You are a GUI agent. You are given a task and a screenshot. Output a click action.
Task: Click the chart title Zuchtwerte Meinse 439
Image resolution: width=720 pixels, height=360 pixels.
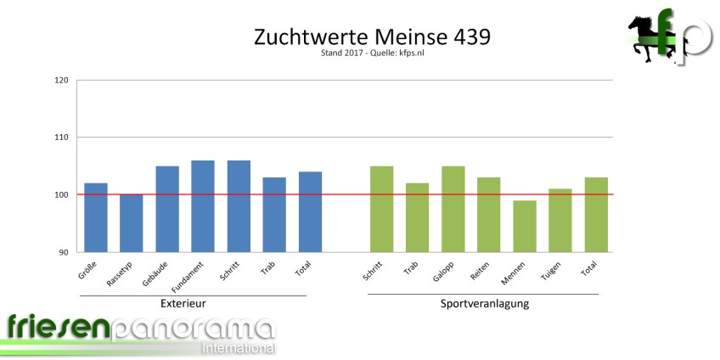pyautogui.click(x=372, y=38)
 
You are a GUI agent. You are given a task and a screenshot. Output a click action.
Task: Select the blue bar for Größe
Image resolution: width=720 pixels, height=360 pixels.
pyautogui.click(x=95, y=217)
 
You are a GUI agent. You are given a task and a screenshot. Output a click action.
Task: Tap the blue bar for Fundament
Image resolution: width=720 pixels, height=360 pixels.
pyautogui.click(x=203, y=206)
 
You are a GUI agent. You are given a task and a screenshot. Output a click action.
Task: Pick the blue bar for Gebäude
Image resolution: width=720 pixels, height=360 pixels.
pyautogui.click(x=166, y=209)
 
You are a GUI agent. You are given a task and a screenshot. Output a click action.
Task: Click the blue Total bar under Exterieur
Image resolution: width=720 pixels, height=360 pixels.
pyautogui.click(x=310, y=211)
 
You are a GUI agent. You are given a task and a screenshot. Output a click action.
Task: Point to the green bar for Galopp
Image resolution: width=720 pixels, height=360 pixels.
pyautogui.click(x=453, y=209)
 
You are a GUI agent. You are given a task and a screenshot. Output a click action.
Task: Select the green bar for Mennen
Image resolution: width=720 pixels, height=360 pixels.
pyautogui.click(x=525, y=227)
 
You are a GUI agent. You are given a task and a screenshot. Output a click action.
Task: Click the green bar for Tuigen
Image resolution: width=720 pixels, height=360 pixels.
pyautogui.click(x=560, y=220)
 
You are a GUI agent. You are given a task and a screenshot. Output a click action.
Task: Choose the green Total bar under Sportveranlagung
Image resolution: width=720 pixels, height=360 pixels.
pyautogui.click(x=596, y=215)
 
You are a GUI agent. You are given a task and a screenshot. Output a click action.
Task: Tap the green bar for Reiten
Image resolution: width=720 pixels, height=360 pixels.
pyautogui.click(x=489, y=215)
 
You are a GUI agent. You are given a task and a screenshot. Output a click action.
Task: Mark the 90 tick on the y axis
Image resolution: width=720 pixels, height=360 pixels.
pyautogui.click(x=62, y=252)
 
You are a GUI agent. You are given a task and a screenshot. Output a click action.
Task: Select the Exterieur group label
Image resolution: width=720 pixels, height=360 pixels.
pyautogui.click(x=183, y=303)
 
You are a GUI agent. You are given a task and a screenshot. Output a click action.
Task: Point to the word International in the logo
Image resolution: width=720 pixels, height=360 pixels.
pyautogui.click(x=237, y=348)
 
